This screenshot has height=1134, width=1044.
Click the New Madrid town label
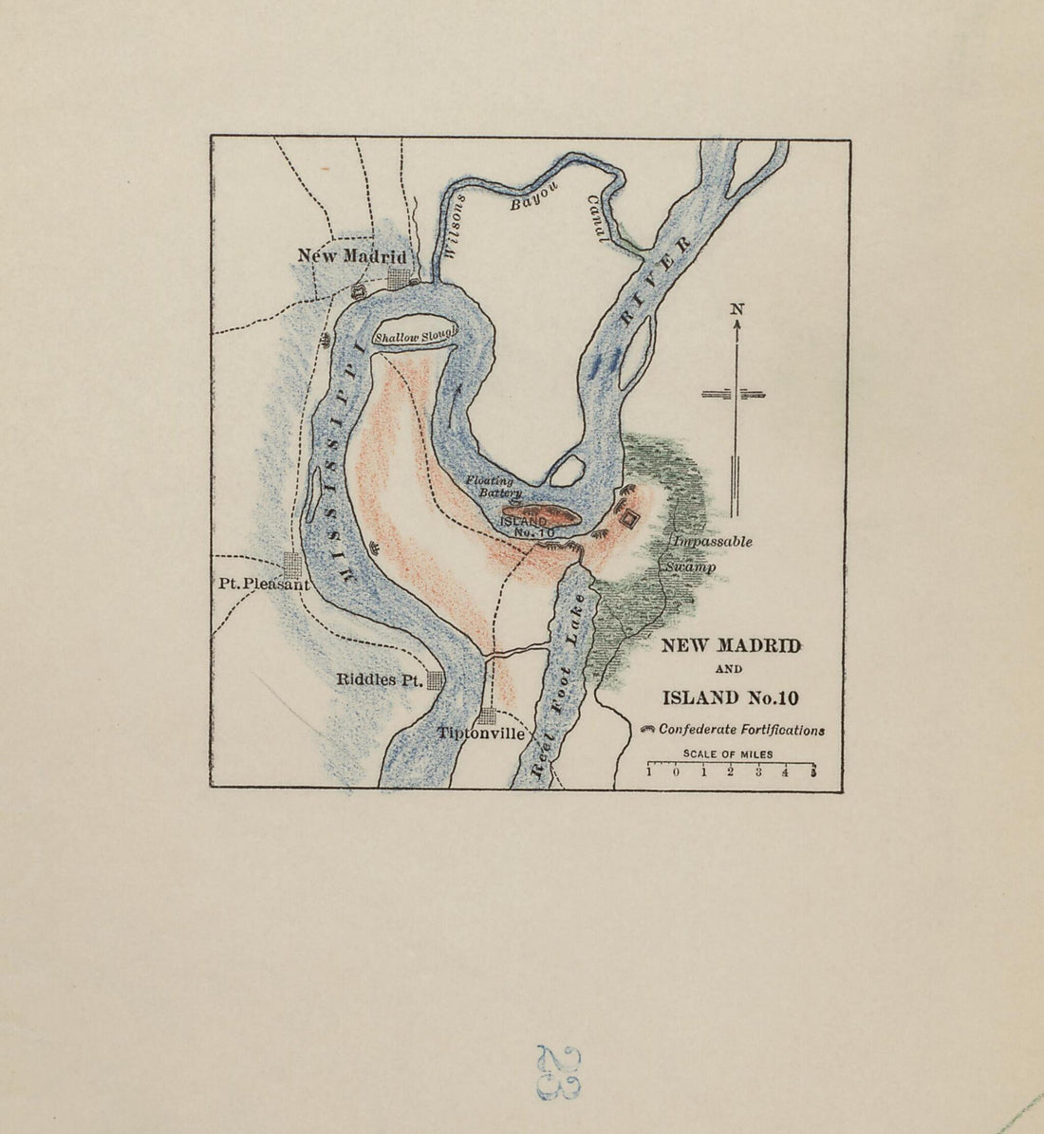click(351, 256)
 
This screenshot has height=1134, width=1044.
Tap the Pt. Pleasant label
click(257, 585)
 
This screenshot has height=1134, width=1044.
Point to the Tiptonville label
click(481, 734)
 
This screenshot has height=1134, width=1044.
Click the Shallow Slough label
click(416, 335)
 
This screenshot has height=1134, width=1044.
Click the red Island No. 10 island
click(541, 516)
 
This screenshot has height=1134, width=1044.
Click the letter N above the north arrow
click(736, 308)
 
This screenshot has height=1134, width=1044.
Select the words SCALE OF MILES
click(728, 754)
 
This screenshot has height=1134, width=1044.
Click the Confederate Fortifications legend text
click(741, 730)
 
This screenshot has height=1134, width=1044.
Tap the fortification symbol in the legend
click(649, 730)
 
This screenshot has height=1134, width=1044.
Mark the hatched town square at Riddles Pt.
click(436, 679)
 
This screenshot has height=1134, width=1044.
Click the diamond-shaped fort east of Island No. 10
click(629, 518)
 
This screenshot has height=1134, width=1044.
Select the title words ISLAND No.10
click(731, 698)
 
